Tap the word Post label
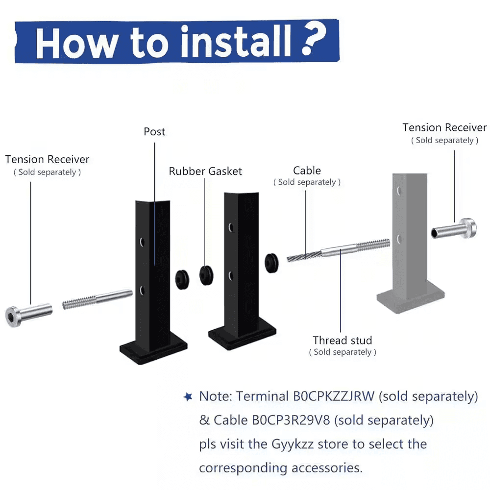[x=154, y=132]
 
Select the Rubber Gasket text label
[x=205, y=171]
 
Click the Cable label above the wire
[x=307, y=171]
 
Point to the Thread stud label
[x=343, y=340]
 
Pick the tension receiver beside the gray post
[x=454, y=229]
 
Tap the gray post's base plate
[x=411, y=299]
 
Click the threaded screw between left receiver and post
[x=98, y=299]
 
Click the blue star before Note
[x=188, y=397]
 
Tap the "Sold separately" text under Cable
[x=307, y=182]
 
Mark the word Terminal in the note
[x=262, y=396]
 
